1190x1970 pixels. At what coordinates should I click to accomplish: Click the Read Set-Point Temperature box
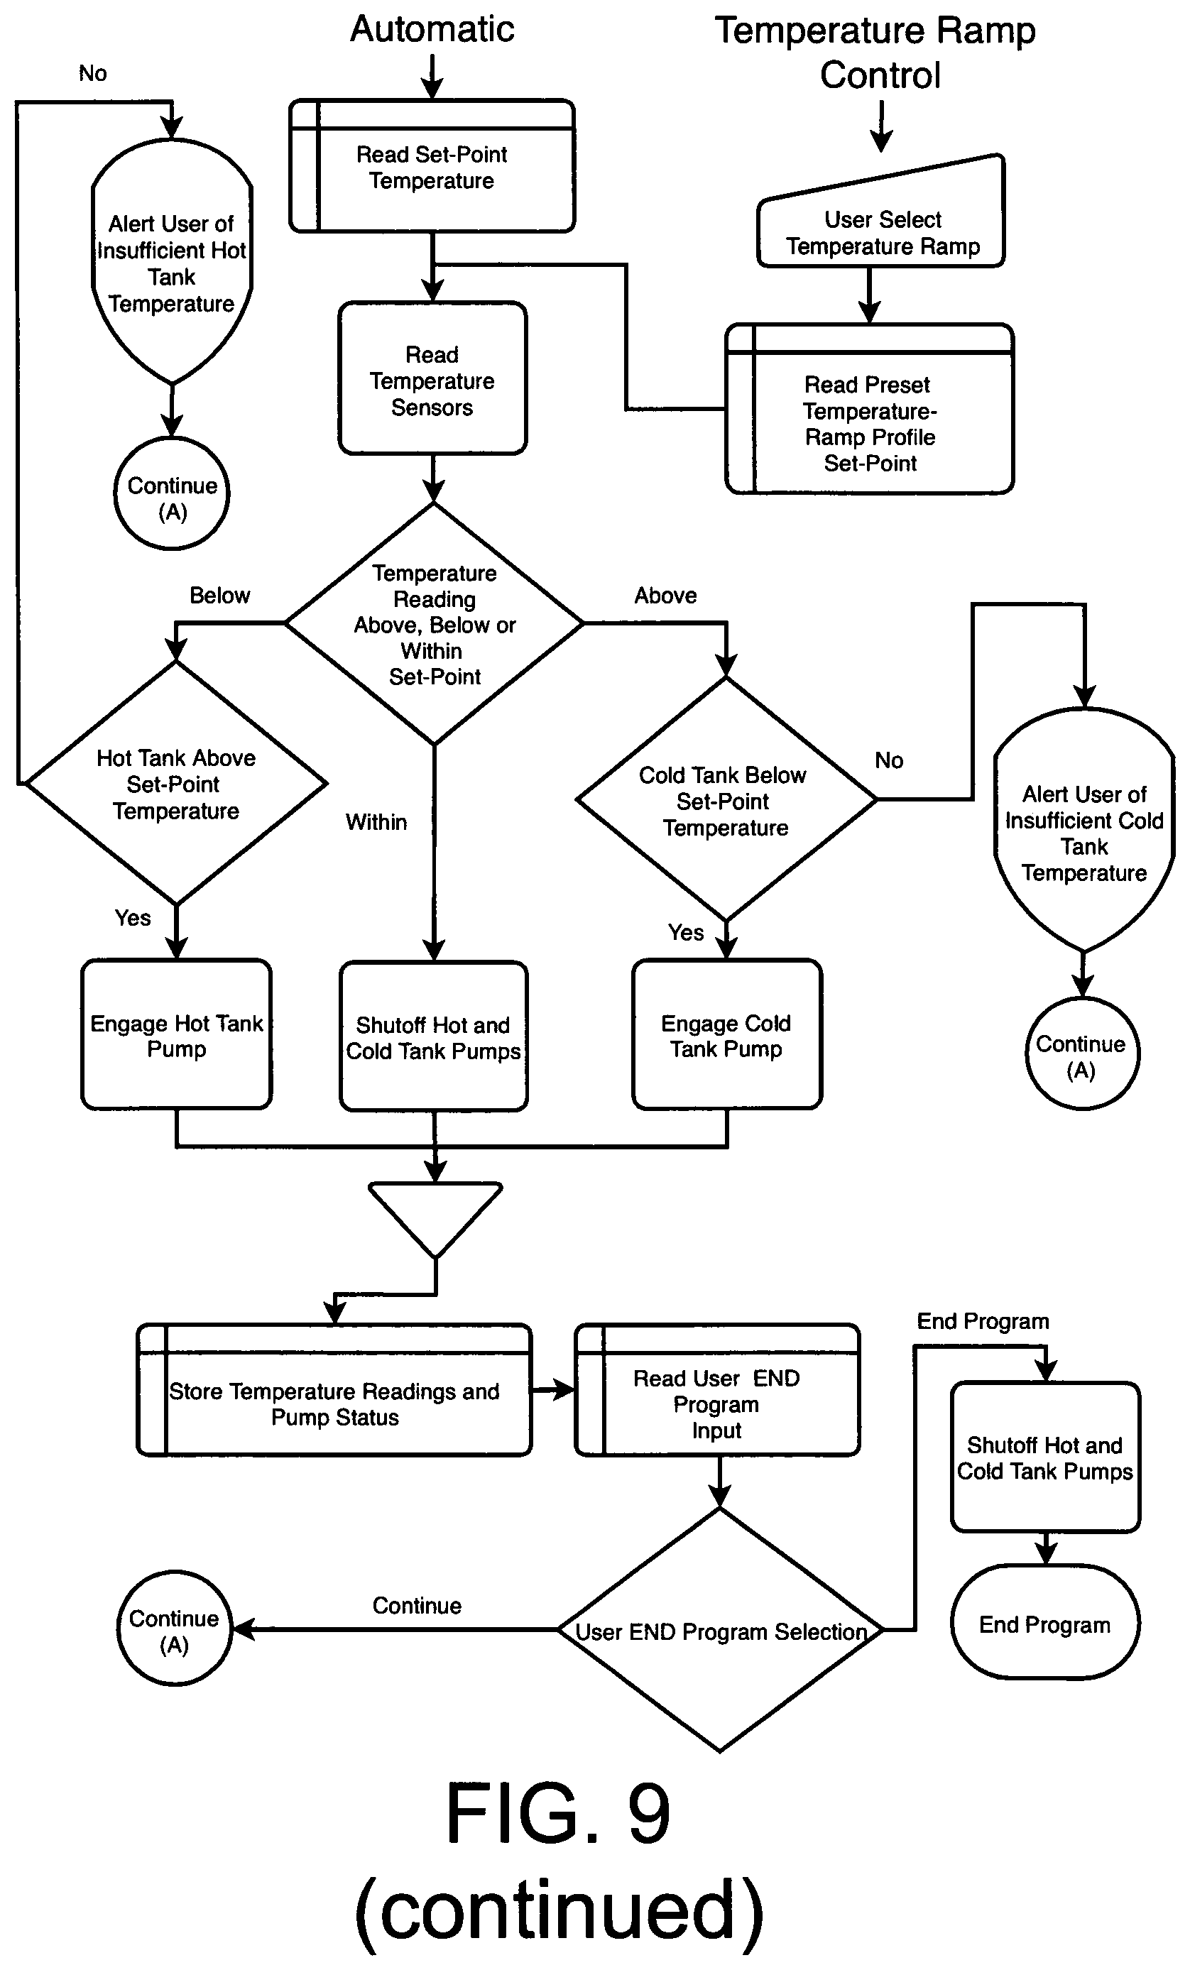tap(432, 166)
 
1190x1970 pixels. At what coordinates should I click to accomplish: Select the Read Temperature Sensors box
tap(432, 378)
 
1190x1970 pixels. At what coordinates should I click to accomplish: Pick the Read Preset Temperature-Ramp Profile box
tap(869, 408)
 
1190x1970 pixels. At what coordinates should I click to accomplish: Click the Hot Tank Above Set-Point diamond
tap(176, 784)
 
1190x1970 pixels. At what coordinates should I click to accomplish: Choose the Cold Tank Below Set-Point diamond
tap(726, 799)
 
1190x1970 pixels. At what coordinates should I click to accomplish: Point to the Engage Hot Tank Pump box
tap(177, 1034)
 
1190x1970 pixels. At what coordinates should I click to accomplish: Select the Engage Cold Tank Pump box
tap(727, 1034)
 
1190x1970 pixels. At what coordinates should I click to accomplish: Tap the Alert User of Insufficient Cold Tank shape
tap(1083, 830)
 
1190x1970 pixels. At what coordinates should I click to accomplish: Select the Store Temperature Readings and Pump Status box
tap(334, 1389)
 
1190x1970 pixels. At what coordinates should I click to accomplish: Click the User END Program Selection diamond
tap(720, 1629)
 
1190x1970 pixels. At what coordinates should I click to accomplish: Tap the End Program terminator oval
tap(1045, 1622)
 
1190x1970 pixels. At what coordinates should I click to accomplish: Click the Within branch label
tap(376, 822)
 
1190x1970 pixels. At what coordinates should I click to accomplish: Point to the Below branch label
tap(220, 596)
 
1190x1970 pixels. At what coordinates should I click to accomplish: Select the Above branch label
tap(665, 596)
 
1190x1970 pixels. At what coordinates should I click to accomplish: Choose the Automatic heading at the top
tap(432, 30)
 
